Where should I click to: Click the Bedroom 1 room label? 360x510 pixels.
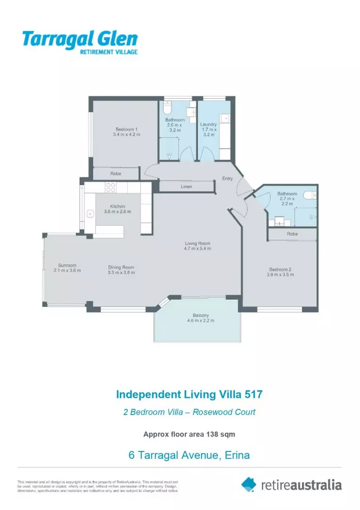pos(126,129)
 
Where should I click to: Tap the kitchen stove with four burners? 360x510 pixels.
pos(110,188)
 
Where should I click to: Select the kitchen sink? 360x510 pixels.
pos(89,214)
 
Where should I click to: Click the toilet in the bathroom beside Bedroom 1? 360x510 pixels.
pos(167,108)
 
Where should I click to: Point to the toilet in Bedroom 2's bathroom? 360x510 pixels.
pos(309,195)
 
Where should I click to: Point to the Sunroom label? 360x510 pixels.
pos(67,265)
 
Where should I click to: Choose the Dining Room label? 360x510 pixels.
pos(121,267)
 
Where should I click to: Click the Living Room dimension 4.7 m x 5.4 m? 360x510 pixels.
pos(197,248)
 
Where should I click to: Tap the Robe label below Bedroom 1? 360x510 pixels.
pos(116,174)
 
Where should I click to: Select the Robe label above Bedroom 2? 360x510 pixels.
pos(292,234)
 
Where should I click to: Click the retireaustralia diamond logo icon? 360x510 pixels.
pos(249,484)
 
